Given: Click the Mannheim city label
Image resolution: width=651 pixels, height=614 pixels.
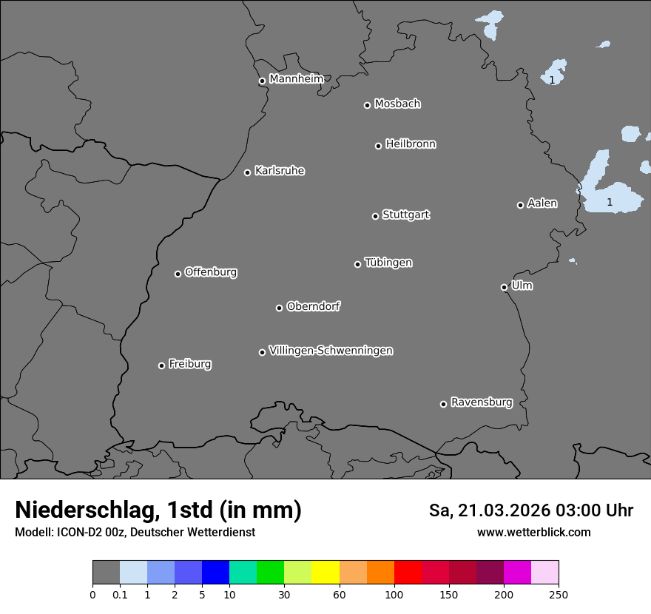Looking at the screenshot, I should point(296,79).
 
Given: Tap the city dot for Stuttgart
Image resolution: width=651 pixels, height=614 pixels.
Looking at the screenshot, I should point(375,216).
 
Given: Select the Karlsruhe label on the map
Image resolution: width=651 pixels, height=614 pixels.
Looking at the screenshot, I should point(280,171).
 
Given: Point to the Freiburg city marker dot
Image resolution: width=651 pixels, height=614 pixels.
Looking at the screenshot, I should point(161,365).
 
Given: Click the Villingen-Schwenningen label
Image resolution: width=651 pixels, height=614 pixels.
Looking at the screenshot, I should point(331,351).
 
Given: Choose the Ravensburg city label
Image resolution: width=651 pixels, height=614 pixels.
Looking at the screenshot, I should point(482,402).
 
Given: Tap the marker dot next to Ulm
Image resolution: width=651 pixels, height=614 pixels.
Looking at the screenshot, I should point(504,287).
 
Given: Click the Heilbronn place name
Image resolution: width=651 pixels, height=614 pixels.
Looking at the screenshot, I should point(411,144).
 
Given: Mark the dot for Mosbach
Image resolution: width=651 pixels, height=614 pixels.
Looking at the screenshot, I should point(367,105).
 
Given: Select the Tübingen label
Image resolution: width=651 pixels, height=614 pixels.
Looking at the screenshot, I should point(388,263).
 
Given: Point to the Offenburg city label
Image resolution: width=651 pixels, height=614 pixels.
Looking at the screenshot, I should point(211,272).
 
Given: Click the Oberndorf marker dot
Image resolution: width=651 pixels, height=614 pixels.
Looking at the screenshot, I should point(279,308).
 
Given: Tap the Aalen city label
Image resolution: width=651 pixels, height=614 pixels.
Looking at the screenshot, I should point(542,203).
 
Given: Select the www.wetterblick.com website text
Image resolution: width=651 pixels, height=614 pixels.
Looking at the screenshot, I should point(533,532).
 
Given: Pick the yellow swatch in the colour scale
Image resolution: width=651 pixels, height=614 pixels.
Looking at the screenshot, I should point(325,573).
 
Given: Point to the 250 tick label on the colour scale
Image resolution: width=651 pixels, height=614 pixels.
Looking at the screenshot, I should point(559,594).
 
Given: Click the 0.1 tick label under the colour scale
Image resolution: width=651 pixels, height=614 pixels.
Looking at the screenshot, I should point(120,594).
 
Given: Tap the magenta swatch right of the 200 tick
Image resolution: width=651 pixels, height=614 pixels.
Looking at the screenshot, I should point(517,573).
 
